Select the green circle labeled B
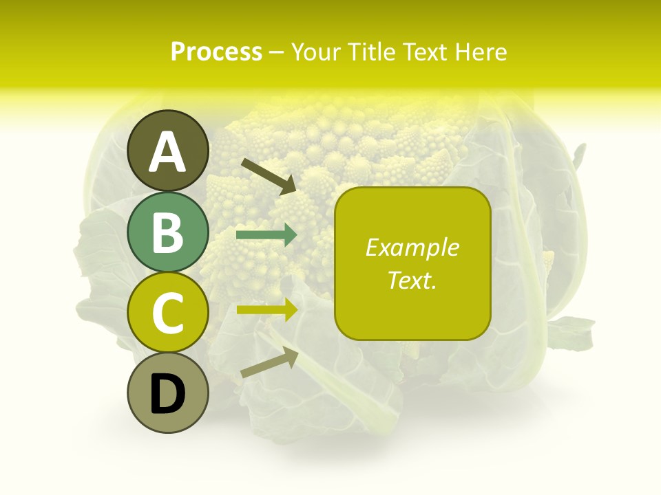pyautogui.click(x=167, y=232)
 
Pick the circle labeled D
pyautogui.click(x=167, y=393)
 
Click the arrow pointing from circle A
pyautogui.click(x=269, y=175)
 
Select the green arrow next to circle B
pyautogui.click(x=266, y=235)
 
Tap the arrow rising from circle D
pyautogui.click(x=269, y=363)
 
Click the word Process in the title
pyautogui.click(x=216, y=52)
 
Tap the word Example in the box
pyautogui.click(x=412, y=247)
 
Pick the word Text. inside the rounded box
pyautogui.click(x=412, y=280)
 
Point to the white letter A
pyautogui.click(x=167, y=152)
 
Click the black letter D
pyautogui.click(x=167, y=395)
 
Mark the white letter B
pyautogui.click(x=167, y=232)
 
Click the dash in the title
pyautogui.click(x=277, y=52)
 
